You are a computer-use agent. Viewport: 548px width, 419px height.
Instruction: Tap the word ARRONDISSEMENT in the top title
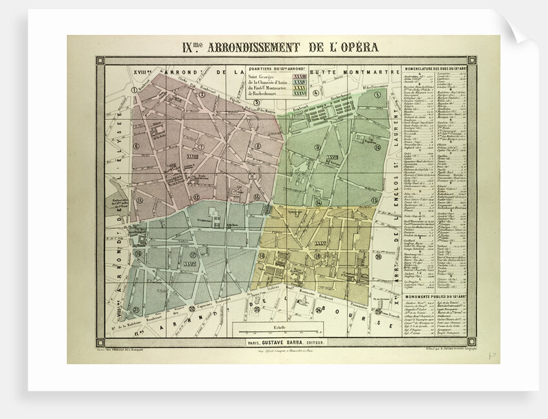[240, 47]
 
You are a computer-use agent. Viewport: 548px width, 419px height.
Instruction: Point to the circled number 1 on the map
[133, 90]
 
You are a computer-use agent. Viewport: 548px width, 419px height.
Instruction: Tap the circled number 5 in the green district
[376, 95]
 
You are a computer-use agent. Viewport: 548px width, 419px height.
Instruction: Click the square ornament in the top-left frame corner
[100, 61]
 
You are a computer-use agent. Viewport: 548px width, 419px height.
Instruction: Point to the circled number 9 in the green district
[317, 148]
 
